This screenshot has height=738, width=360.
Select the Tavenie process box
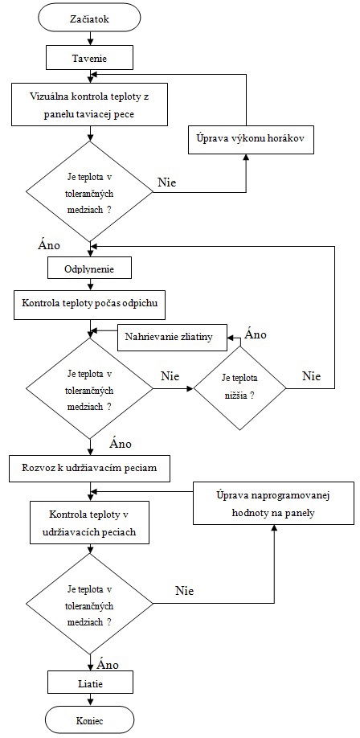point(89,59)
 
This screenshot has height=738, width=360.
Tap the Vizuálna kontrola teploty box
point(89,105)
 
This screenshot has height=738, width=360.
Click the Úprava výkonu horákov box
point(251,140)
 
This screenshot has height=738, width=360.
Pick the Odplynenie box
point(89,269)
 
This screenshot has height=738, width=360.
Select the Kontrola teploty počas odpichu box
point(89,302)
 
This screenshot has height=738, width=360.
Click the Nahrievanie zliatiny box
point(172,337)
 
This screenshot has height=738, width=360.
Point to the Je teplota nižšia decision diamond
point(239,388)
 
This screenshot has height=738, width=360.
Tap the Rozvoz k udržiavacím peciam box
point(90,469)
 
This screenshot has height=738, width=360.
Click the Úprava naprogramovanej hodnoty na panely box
point(273,503)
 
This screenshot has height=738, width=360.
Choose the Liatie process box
point(89,682)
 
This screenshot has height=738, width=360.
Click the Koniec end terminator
point(89,720)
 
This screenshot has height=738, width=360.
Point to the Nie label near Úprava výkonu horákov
point(166,182)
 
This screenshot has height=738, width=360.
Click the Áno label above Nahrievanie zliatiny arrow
point(256,334)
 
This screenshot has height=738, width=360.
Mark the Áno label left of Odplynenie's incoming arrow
point(48,245)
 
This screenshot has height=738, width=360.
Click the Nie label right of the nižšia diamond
point(311,376)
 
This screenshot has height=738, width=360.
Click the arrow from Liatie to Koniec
point(89,700)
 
